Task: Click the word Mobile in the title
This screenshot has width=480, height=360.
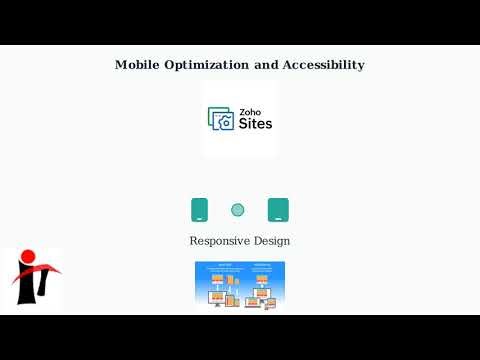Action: click(136, 65)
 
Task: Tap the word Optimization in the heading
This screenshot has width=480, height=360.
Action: click(210, 65)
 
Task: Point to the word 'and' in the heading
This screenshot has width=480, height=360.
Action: click(267, 65)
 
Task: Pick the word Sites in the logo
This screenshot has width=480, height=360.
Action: click(254, 124)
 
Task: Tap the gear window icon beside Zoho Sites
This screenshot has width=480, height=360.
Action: click(220, 119)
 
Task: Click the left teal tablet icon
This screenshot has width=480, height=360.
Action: click(200, 210)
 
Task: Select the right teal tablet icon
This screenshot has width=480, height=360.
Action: click(278, 210)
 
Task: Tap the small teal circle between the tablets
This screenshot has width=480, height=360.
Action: click(238, 210)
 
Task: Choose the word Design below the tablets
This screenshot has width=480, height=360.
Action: click(273, 241)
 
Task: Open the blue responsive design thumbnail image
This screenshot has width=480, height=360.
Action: click(240, 285)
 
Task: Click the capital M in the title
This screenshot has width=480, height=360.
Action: click(121, 65)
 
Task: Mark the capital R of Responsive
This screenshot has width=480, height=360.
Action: click(194, 241)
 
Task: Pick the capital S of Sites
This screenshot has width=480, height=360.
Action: click(242, 124)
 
